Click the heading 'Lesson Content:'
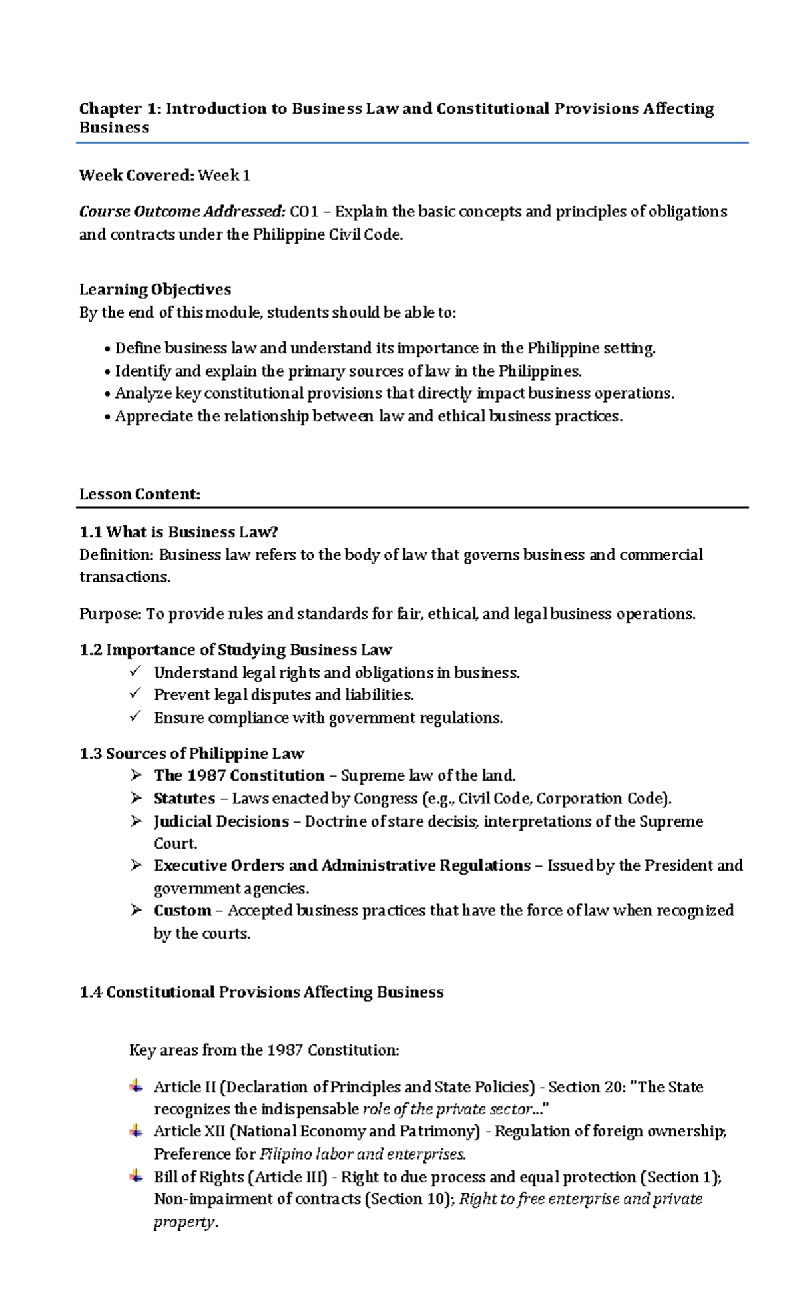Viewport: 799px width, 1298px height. [x=139, y=495]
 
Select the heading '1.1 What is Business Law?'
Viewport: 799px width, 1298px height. [x=178, y=532]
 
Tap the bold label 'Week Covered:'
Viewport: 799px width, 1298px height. [x=136, y=176]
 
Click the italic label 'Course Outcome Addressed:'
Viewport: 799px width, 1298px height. [x=182, y=212]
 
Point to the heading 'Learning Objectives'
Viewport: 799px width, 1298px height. [x=154, y=290]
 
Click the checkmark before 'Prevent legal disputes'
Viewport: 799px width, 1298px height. [x=136, y=694]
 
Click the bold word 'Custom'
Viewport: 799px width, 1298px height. [x=182, y=911]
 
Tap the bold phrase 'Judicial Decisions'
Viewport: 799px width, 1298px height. [x=221, y=821]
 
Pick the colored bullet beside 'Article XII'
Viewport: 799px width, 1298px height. [x=136, y=1130]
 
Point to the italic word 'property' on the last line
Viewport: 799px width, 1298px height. [x=184, y=1222]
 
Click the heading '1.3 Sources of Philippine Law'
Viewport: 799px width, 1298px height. [x=191, y=754]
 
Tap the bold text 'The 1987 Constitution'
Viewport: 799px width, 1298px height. [x=239, y=775]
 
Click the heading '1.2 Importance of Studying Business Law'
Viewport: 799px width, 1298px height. [x=235, y=650]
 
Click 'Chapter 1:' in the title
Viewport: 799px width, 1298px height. [x=120, y=108]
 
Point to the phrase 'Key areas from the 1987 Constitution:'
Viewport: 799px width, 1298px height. [x=264, y=1050]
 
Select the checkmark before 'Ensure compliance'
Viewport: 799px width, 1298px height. [x=136, y=716]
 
